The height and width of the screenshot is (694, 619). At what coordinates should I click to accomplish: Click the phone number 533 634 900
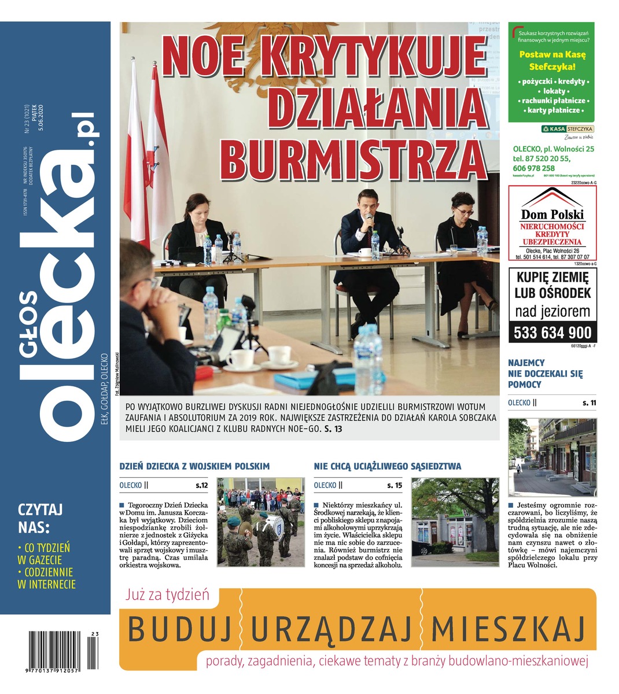[x=552, y=333]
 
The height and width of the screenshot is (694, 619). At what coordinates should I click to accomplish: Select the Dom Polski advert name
[x=552, y=215]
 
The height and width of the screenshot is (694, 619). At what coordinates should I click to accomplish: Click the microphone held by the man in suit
[x=368, y=219]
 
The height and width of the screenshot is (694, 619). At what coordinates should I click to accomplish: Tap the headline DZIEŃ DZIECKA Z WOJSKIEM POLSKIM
[x=194, y=466]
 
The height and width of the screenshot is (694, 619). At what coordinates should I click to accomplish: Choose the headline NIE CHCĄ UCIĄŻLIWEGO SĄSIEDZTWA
[x=388, y=466]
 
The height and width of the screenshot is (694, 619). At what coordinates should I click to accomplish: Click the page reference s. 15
[x=395, y=485]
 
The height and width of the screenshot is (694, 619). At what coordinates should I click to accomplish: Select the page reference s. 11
[x=589, y=403]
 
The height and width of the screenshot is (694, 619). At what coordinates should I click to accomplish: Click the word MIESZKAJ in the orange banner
[x=507, y=630]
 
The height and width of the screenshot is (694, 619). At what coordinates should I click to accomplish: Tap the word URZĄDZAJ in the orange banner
[x=331, y=630]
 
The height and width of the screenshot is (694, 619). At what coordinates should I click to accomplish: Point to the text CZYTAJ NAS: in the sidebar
[x=40, y=518]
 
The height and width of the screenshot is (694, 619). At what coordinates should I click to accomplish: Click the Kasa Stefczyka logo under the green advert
[x=567, y=128]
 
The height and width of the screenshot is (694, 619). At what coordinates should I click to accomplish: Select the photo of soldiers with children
[x=260, y=522]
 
